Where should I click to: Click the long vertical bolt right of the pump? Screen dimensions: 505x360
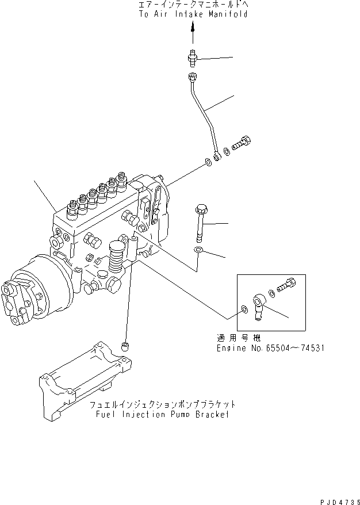click(200, 221)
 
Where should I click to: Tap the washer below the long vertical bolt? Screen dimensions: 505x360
click(198, 250)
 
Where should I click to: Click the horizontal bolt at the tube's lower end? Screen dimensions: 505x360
click(243, 141)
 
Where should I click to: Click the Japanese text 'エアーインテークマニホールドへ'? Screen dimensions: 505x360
click(193, 5)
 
